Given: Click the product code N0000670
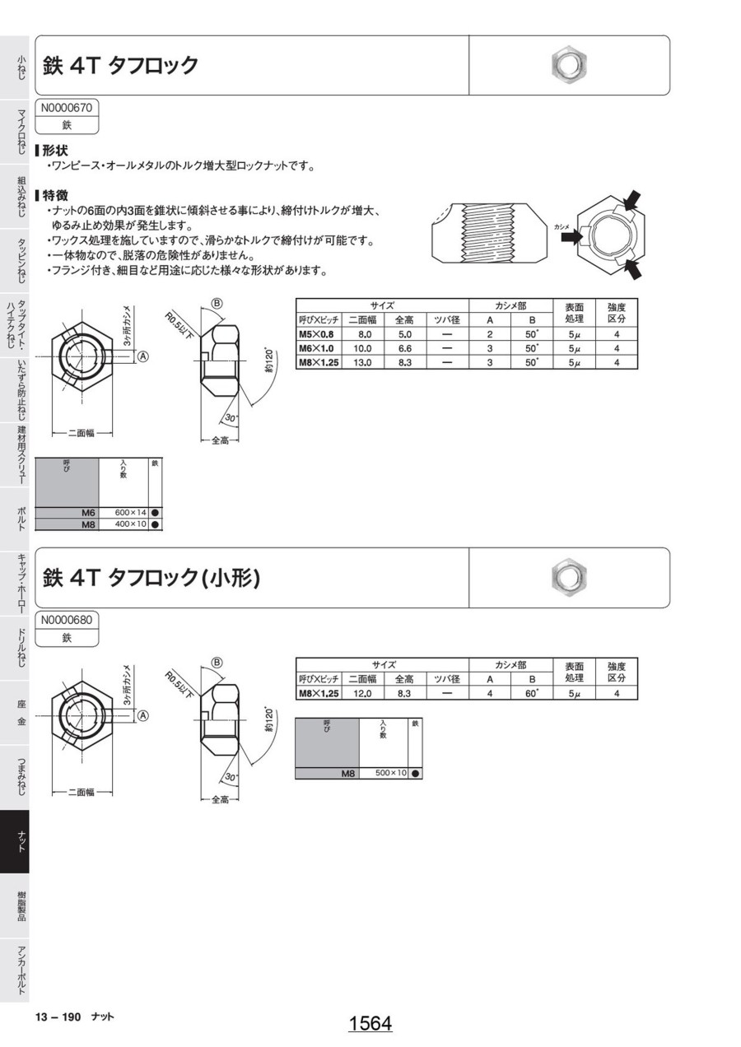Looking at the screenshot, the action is (67, 108).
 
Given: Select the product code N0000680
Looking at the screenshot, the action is (67, 621).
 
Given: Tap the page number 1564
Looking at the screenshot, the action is (370, 1023).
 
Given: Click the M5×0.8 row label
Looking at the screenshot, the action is (316, 334).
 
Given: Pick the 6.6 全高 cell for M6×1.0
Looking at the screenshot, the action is (404, 349).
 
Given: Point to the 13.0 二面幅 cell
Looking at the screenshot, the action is (362, 363).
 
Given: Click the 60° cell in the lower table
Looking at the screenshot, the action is (532, 693).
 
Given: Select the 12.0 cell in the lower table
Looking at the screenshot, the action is (362, 693).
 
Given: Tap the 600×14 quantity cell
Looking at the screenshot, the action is (130, 513).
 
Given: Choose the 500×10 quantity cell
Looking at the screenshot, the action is (391, 773).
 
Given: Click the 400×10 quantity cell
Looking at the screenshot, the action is (130, 524).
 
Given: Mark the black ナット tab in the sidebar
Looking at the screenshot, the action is (15, 841).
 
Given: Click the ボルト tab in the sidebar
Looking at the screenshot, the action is (21, 519).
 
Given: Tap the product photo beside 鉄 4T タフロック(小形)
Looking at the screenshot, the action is (568, 575).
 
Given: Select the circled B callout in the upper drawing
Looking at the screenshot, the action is (217, 304).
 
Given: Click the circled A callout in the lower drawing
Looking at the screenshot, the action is (143, 715).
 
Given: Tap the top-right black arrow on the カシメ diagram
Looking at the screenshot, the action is (632, 201).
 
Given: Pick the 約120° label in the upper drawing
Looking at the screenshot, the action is (268, 361).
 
